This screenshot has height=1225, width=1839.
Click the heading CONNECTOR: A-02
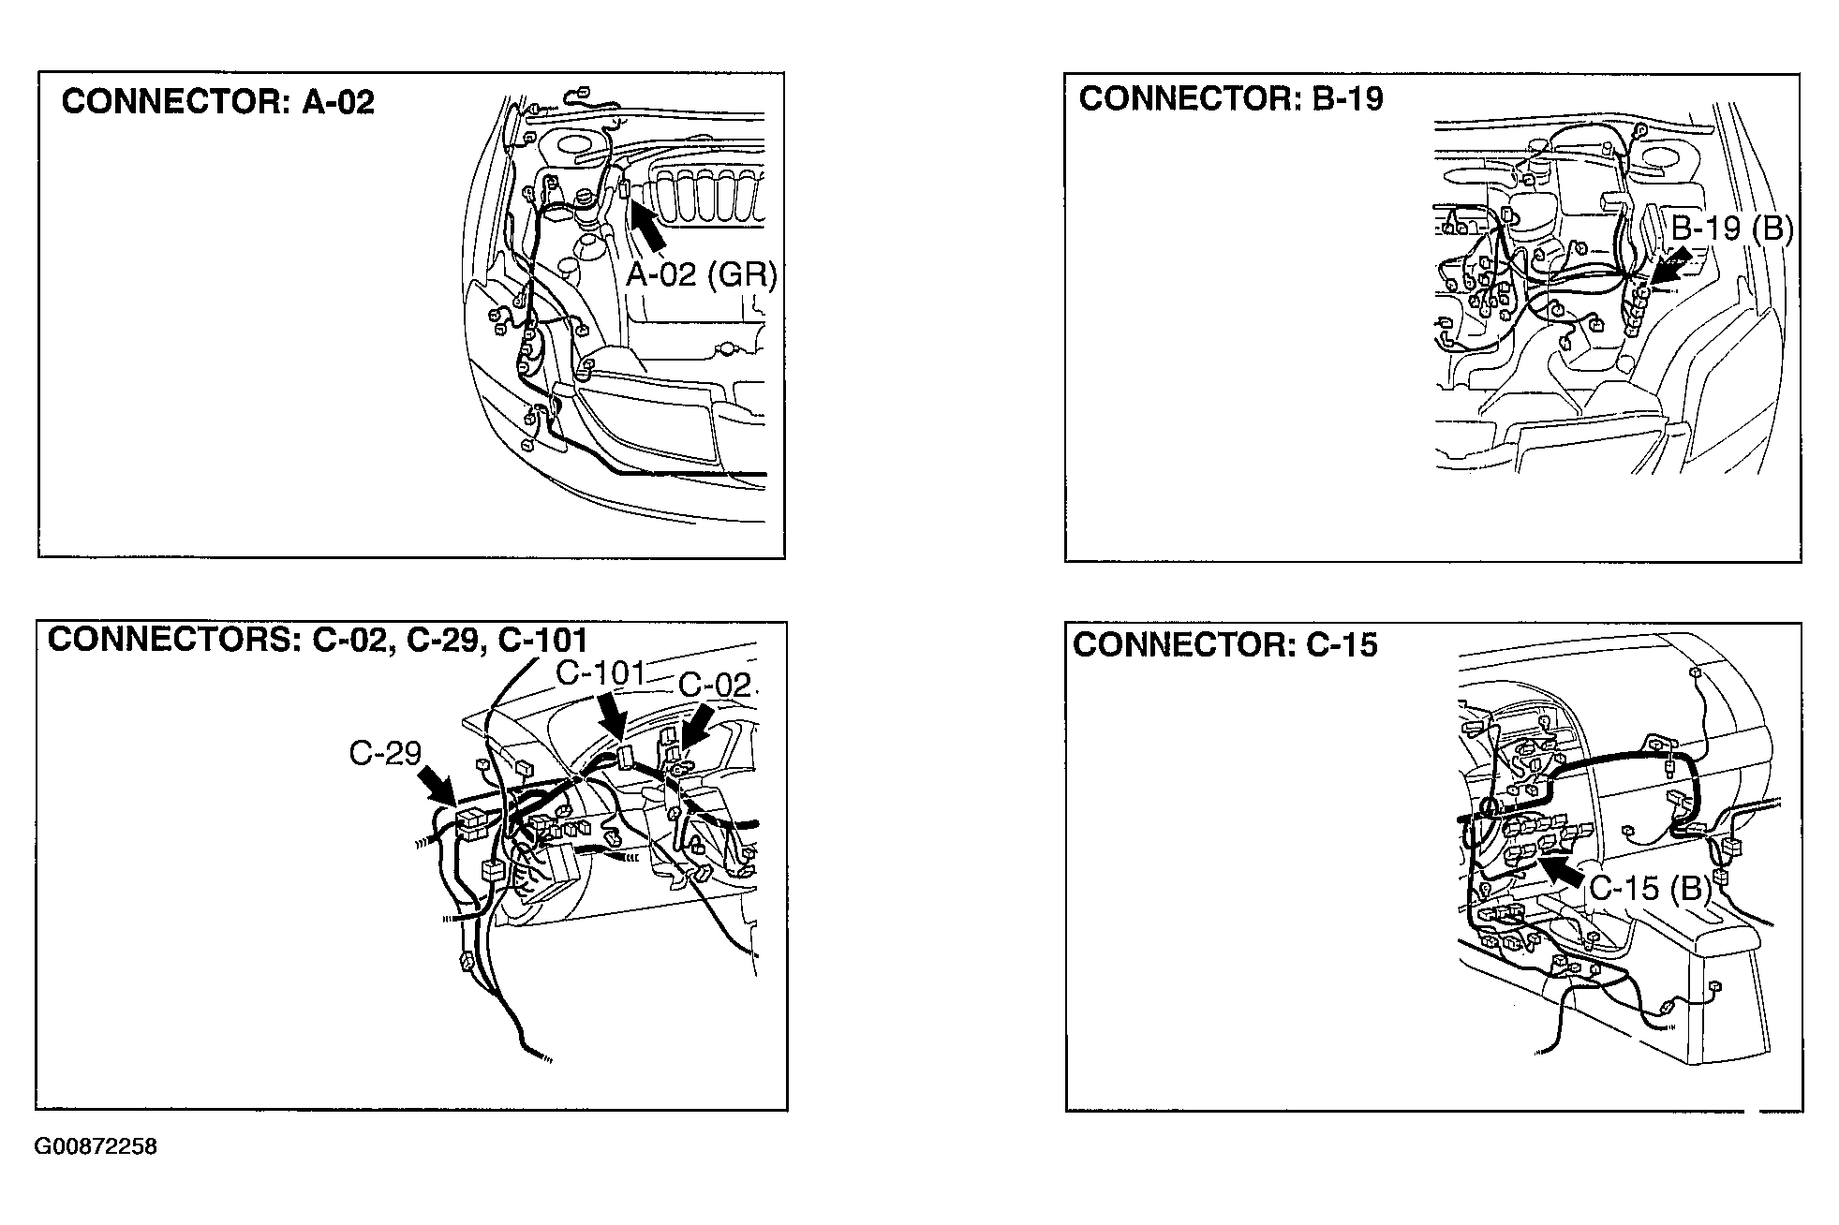[217, 101]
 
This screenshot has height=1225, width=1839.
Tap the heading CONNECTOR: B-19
[1231, 98]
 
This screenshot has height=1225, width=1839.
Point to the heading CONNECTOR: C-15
[1225, 644]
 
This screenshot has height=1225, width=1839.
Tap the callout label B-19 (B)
[1732, 228]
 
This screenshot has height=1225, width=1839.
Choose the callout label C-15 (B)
[1651, 887]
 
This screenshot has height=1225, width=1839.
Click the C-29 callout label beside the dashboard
[385, 753]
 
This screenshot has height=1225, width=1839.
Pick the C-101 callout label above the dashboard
[601, 673]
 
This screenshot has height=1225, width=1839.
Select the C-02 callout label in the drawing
[715, 685]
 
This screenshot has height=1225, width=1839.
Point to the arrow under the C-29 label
[438, 785]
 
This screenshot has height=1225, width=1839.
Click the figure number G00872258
[96, 1147]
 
